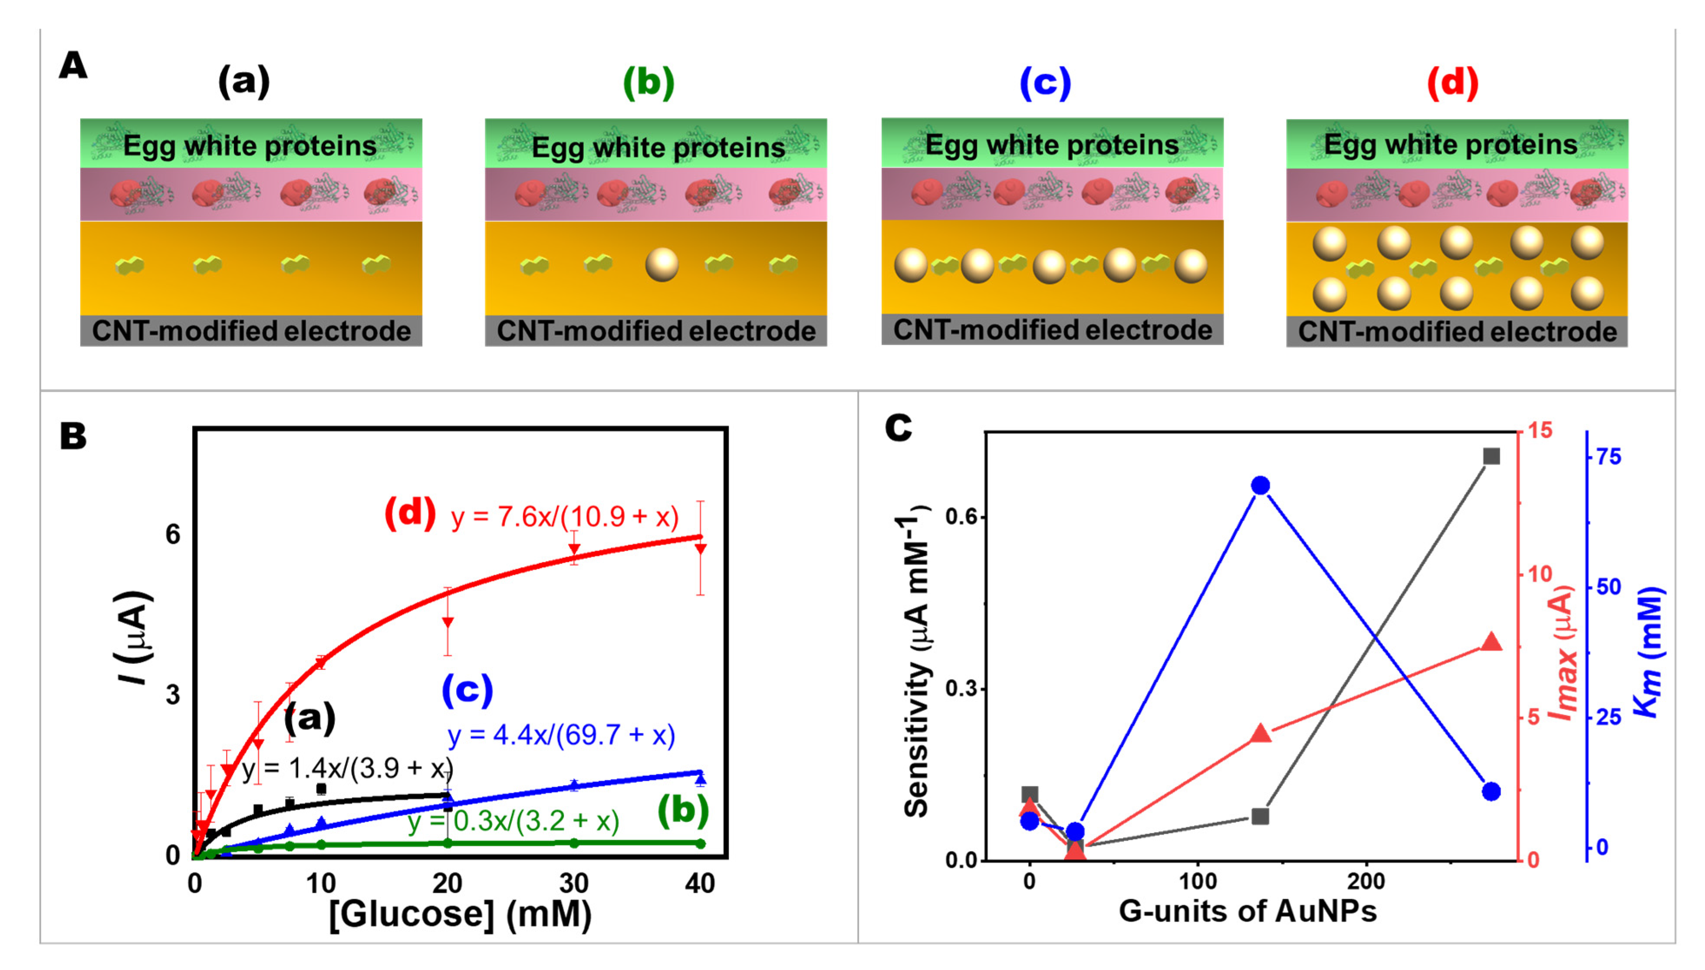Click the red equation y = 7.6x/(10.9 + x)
pos(565,517)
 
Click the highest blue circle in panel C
pos(1260,486)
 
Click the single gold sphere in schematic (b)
pos(662,264)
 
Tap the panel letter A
pos(73,66)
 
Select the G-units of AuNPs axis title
pos(1247,911)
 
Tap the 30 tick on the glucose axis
pos(573,884)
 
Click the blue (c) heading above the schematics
pos(1045,83)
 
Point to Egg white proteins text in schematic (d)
pos(1450,145)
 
